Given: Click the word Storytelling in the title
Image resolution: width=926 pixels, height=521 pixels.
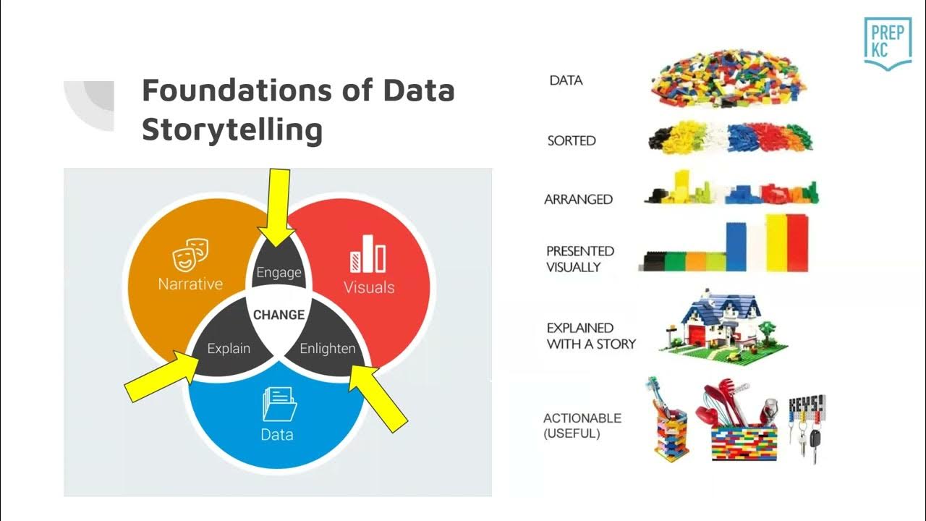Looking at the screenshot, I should point(231,130).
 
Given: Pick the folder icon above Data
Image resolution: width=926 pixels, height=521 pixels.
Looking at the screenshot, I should point(278,404).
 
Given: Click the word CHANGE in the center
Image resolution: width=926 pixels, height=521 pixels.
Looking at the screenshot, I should point(279,315).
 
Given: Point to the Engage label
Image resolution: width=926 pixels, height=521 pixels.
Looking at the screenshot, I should point(279,273).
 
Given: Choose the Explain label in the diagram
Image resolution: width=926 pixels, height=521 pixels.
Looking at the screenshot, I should point(229,348).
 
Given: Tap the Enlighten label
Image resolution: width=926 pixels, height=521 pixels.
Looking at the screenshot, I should point(328,348).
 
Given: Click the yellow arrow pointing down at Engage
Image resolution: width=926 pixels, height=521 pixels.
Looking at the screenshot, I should point(279,206).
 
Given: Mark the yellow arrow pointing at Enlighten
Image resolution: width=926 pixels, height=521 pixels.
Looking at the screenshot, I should point(378,396).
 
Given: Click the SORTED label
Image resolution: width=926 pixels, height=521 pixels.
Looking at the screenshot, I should point(572,140).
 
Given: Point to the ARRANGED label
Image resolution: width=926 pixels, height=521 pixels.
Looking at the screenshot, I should point(578,199).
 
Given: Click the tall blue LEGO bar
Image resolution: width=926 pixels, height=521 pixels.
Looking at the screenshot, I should point(736,246).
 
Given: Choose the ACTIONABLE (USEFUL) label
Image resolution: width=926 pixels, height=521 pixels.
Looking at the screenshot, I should point(582,425).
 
